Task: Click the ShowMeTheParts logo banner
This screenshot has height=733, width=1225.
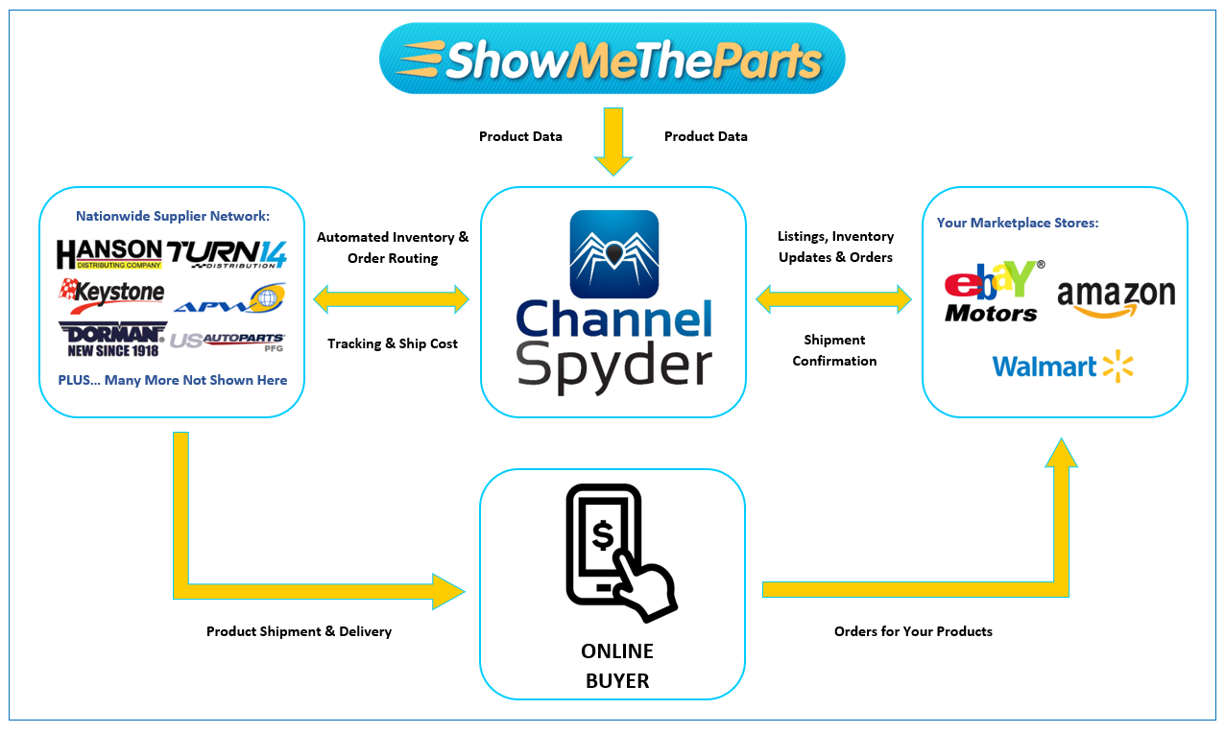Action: [x=612, y=59]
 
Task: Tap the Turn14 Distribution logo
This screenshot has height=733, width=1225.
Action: [x=227, y=254]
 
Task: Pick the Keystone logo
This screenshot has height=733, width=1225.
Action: [x=111, y=291]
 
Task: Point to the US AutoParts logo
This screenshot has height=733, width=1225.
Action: [x=228, y=341]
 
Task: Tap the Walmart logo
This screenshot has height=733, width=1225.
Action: [x=1063, y=366]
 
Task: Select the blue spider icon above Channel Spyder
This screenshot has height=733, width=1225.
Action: [x=613, y=253]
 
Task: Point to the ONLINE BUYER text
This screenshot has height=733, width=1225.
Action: [x=616, y=666]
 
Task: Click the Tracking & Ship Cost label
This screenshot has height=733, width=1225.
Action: [x=393, y=343]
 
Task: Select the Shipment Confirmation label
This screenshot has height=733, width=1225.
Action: [x=834, y=350]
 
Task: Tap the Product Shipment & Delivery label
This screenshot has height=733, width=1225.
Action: [x=299, y=631]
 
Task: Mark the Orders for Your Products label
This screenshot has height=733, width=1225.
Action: [x=913, y=631]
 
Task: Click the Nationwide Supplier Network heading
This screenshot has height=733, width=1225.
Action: [x=171, y=216]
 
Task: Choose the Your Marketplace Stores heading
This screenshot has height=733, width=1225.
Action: [x=1018, y=223]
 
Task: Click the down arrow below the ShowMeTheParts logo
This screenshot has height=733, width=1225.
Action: [x=612, y=140]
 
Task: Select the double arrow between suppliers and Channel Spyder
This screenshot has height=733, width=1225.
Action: [x=392, y=299]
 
